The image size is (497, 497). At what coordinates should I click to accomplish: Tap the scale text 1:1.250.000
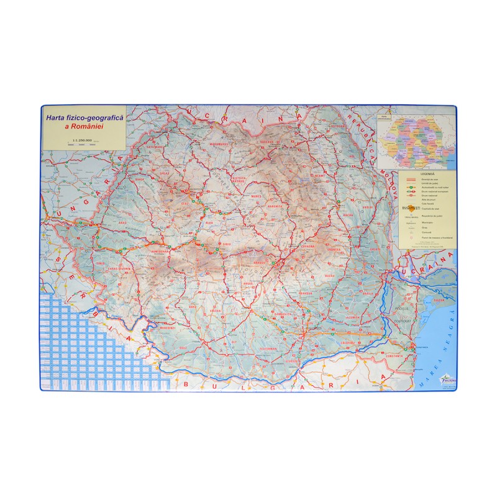[x=82, y=140]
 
